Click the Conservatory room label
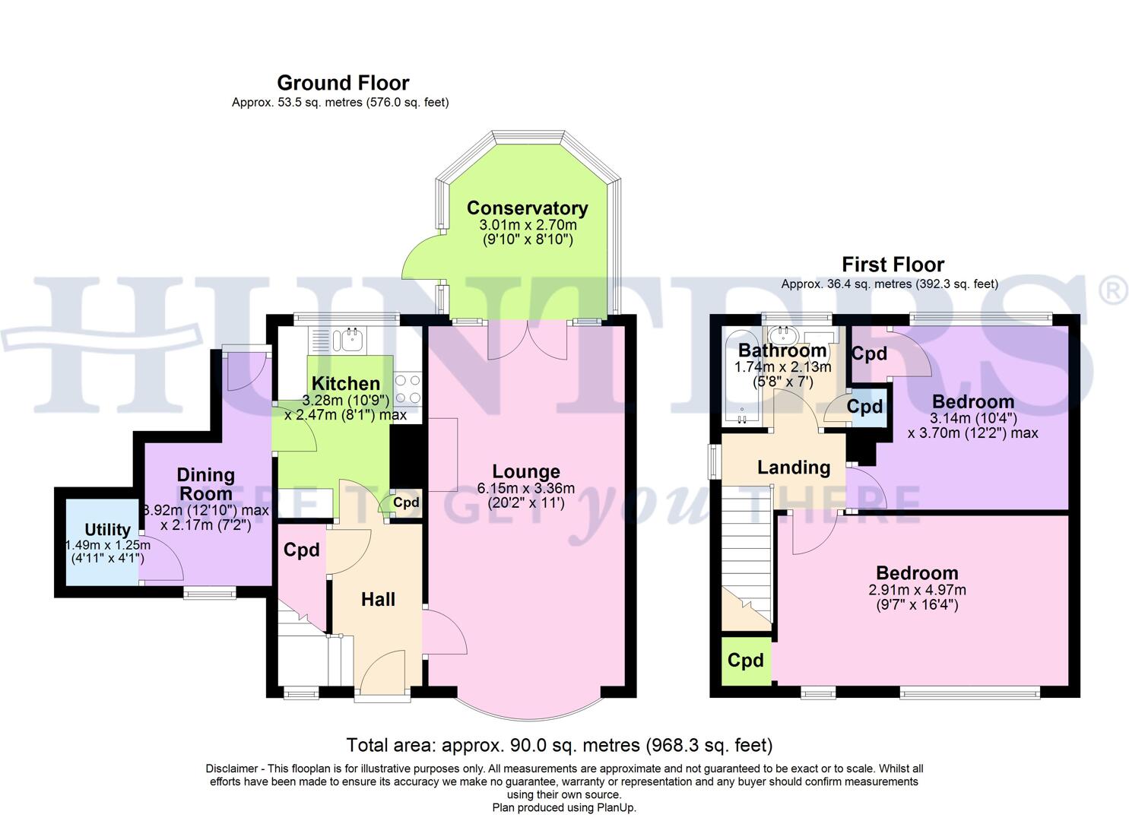(x=527, y=208)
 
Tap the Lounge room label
(x=525, y=472)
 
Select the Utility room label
(x=107, y=530)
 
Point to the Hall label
(x=378, y=600)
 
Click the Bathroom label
(x=782, y=350)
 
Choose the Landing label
(x=793, y=468)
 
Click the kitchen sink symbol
(x=351, y=339)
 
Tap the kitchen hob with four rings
(x=407, y=388)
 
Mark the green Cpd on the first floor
(x=745, y=661)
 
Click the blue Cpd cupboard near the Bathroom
(x=865, y=407)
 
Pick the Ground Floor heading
(x=343, y=83)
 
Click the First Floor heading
(x=893, y=265)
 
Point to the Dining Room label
(x=205, y=483)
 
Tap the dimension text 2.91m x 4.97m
(x=917, y=590)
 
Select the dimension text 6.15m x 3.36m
(x=525, y=489)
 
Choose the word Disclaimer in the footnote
(x=231, y=769)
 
